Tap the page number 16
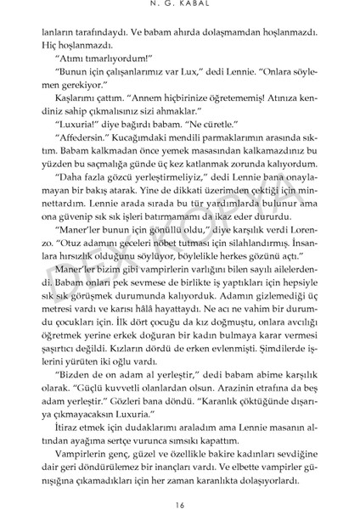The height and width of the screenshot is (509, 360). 179,492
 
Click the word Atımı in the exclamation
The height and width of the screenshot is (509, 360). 70,59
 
